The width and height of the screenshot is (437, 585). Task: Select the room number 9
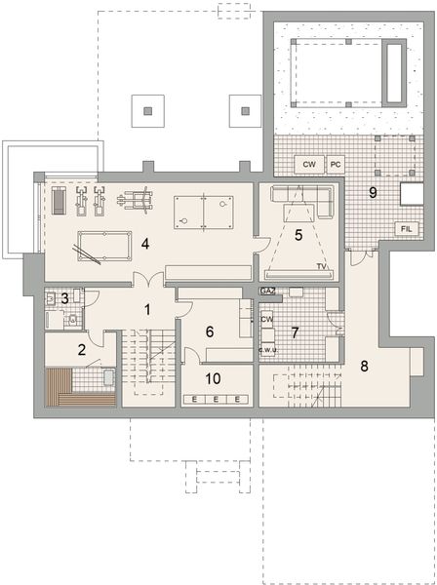[x=372, y=192]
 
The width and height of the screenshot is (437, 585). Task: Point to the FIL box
[x=403, y=228]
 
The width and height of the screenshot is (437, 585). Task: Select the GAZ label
[x=267, y=292]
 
